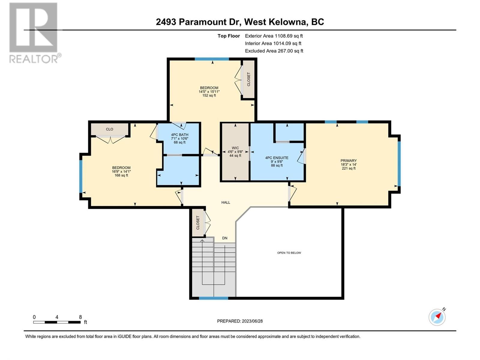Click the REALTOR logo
tap(35, 33)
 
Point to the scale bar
tap(57, 322)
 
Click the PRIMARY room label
tap(348, 160)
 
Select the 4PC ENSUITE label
tap(277, 157)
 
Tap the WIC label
tap(235, 148)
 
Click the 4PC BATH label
tap(179, 135)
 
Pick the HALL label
tap(226, 202)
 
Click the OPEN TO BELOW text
tap(289, 253)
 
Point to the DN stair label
tap(225, 238)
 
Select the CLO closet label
tap(109, 129)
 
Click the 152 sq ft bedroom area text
tap(209, 95)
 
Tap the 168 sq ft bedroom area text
tap(121, 175)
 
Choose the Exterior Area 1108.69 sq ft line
tap(274, 36)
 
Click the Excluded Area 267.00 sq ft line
tap(274, 51)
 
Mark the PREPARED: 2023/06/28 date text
tap(240, 321)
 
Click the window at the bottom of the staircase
tap(213, 298)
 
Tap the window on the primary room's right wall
tap(399, 164)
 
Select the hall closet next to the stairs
tap(198, 223)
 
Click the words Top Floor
tap(229, 36)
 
